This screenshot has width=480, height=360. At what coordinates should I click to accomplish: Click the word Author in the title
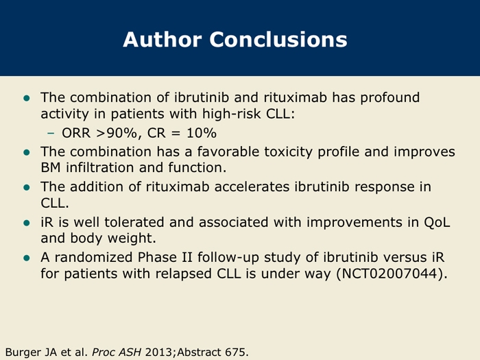163,40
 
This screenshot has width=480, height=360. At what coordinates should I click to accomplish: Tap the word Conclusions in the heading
278,40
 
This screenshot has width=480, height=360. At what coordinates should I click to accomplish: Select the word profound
389,98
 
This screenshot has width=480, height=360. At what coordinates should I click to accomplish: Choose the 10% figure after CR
202,133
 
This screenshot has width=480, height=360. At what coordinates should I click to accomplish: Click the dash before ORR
51,133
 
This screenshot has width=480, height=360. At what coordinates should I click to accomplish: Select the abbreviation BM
51,168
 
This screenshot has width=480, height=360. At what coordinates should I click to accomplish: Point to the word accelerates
252,187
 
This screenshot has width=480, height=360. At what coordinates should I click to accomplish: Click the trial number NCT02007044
389,274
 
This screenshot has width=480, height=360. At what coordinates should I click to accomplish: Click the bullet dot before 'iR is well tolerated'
27,223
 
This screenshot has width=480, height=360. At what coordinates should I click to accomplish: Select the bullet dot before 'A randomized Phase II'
27,258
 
